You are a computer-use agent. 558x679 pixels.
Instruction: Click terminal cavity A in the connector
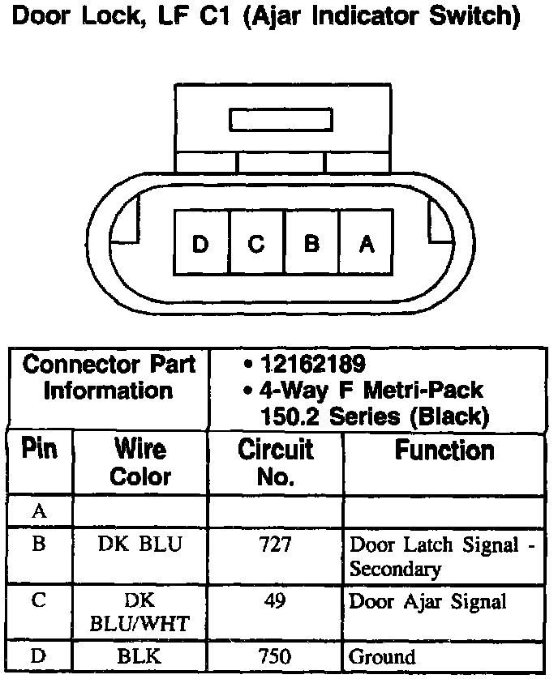pyautogui.click(x=367, y=243)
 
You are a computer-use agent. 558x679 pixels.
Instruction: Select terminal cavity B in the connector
pyautogui.click(x=311, y=243)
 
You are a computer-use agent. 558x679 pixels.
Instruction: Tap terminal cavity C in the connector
pyautogui.click(x=256, y=243)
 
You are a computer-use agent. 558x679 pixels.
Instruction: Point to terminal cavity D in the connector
pyautogui.click(x=201, y=243)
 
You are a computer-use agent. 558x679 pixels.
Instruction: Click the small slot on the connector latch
pyautogui.click(x=281, y=120)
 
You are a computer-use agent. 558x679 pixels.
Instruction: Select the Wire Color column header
pyautogui.click(x=140, y=462)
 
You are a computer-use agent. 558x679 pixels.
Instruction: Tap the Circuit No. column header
pyautogui.click(x=275, y=462)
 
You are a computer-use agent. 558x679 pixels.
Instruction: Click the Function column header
pyautogui.click(x=444, y=451)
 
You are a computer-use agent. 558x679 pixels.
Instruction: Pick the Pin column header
pyautogui.click(x=40, y=450)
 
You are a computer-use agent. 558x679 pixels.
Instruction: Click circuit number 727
pyautogui.click(x=275, y=545)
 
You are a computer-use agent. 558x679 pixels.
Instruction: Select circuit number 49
pyautogui.click(x=275, y=601)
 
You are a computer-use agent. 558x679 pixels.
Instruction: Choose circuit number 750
pyautogui.click(x=275, y=656)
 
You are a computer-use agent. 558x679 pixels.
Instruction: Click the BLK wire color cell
pyautogui.click(x=140, y=656)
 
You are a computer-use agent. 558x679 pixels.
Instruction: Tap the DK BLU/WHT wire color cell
pyautogui.click(x=140, y=613)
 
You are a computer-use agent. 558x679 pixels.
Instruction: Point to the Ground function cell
pyautogui.click(x=382, y=656)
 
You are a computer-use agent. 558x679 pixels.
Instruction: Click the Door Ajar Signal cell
pyautogui.click(x=427, y=602)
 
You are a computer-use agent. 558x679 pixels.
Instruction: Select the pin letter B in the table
pyautogui.click(x=39, y=544)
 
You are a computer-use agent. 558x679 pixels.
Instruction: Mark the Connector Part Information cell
pyautogui.click(x=109, y=378)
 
